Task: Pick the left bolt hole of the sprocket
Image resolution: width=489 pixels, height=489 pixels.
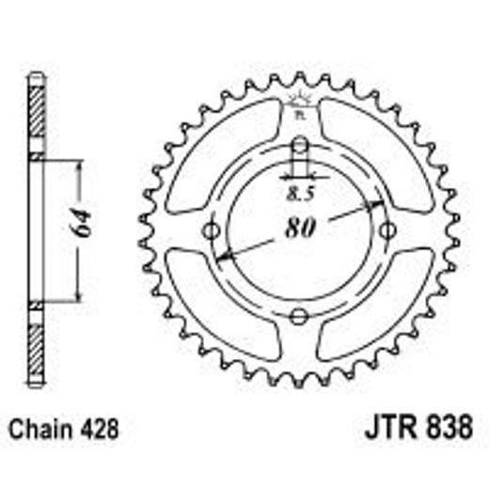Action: click(213, 230)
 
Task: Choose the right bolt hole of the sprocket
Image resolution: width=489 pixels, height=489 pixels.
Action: click(386, 230)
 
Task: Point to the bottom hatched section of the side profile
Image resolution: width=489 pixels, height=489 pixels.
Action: click(36, 348)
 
